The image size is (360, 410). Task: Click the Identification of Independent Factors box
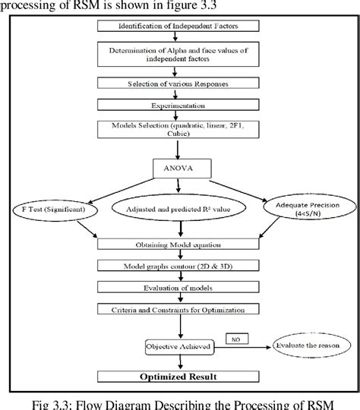(180, 27)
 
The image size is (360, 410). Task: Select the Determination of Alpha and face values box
(180, 54)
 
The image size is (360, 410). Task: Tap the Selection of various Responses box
(180, 82)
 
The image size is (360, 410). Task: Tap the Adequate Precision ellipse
(308, 208)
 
